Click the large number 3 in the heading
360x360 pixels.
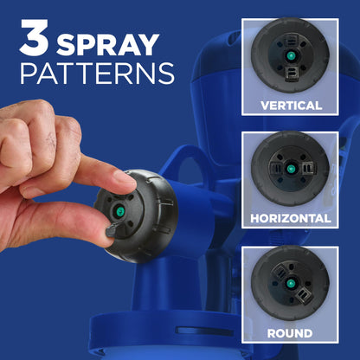pos(34,37)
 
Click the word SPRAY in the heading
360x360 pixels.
pos(108,45)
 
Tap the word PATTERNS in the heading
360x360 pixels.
pos(97,74)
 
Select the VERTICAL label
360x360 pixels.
pos(291,106)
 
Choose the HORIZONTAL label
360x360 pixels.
pos(291,218)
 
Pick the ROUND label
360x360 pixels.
pos(290,333)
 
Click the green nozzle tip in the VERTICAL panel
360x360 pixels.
pos(291,55)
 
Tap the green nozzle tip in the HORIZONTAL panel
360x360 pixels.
pos(290,169)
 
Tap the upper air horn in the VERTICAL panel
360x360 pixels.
pos(292,40)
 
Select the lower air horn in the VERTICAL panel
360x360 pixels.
pos(291,74)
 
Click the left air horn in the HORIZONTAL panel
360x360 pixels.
pos(276,168)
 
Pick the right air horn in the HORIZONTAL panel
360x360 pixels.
pos(309,168)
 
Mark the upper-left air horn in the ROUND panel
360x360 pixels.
pos(279,272)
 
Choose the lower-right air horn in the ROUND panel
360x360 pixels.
pos(303,295)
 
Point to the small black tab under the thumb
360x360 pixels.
pos(112,230)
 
